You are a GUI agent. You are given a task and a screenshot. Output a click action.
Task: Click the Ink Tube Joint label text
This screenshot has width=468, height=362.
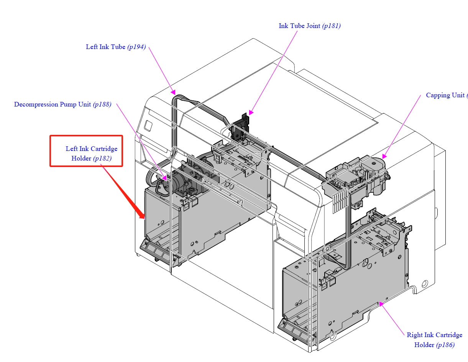[300, 26]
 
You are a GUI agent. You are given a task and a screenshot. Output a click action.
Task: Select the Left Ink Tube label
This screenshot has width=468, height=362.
[105, 47]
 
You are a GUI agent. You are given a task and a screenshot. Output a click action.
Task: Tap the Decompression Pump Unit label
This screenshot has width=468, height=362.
[53, 105]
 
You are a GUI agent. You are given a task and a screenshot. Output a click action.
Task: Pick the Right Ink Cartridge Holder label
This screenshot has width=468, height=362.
[434, 335]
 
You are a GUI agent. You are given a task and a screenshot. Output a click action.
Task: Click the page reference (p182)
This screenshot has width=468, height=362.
[102, 159]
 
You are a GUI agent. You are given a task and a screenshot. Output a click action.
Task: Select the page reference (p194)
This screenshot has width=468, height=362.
[136, 47]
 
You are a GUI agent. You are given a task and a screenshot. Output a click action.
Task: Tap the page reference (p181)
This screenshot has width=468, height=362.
[331, 26]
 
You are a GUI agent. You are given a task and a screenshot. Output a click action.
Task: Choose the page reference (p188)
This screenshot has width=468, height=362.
[102, 105]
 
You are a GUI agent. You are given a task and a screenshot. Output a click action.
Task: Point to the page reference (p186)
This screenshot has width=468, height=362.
[445, 345]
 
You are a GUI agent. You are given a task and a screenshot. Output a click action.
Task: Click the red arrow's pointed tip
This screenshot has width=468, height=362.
[144, 218]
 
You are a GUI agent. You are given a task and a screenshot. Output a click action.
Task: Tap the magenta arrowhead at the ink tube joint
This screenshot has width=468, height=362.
[251, 113]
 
